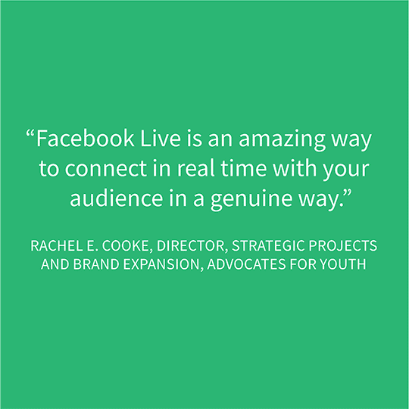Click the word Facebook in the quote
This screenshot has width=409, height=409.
pos(86,138)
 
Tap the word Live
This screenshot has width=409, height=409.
pos(161,138)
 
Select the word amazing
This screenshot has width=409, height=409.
pos(282,140)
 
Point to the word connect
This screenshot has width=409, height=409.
pos(105,168)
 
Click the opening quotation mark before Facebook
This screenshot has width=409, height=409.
pos(30,133)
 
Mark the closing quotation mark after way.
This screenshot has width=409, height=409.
pos(348,193)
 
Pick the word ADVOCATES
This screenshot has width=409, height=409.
pos(246,264)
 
